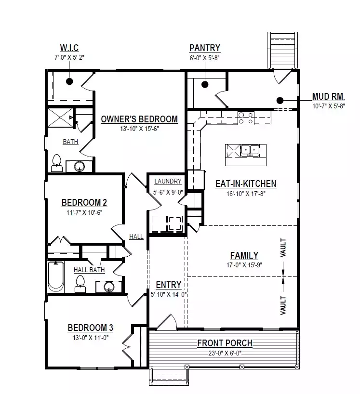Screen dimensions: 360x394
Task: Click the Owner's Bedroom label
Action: click(139, 119)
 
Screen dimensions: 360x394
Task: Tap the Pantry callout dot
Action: click(205, 84)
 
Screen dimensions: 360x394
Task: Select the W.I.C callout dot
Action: click(69, 81)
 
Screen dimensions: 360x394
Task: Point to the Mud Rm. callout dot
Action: click(280, 101)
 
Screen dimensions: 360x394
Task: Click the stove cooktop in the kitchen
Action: click(246, 118)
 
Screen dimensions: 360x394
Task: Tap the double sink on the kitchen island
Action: click(250, 150)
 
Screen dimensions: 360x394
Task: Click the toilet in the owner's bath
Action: click(57, 163)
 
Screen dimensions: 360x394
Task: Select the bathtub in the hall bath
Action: click(56, 277)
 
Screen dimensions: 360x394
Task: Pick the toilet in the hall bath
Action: click(80, 284)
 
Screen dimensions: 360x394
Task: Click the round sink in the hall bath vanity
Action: click(109, 287)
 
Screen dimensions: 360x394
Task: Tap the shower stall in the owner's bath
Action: click(60, 118)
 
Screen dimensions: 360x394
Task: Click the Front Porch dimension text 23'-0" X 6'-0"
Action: click(225, 353)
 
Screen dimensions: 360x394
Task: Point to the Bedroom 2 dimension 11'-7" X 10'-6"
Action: click(84, 212)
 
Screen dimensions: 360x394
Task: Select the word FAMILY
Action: click(244, 255)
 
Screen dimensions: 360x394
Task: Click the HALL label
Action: click(136, 236)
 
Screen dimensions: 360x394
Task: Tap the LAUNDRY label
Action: click(168, 181)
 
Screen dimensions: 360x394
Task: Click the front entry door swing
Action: click(167, 322)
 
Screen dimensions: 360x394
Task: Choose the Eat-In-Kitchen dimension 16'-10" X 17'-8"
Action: click(246, 194)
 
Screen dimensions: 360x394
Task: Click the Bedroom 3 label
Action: click(91, 328)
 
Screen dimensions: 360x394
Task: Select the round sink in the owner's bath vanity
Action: click(80, 166)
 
